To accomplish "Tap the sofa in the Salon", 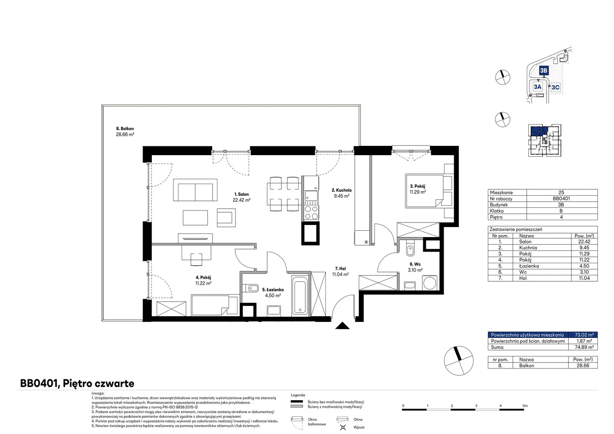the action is (195, 190).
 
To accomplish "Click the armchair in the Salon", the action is (226, 217).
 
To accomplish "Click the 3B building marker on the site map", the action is (544, 70).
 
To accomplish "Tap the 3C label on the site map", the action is (555, 88).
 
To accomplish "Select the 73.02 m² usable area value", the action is (584, 335).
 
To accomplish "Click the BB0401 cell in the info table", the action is (561, 199).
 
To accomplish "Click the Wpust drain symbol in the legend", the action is (343, 427).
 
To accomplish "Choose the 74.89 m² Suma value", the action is (584, 347).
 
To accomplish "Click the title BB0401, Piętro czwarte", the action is (77, 383).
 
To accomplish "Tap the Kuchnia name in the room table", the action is (528, 248).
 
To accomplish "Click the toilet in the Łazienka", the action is (250, 288).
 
